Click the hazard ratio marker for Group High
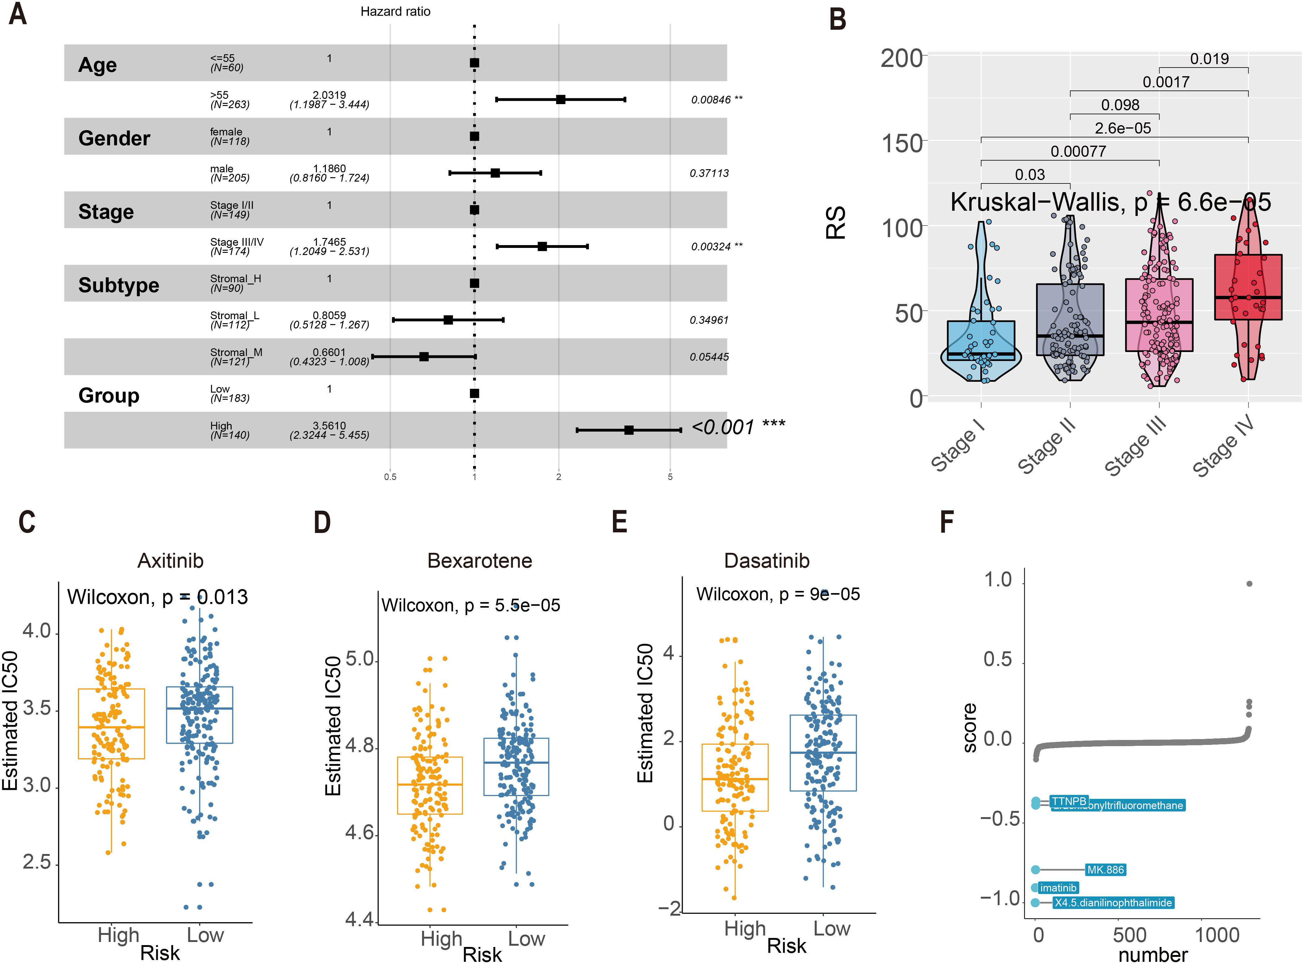click(x=629, y=430)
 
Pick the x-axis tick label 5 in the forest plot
click(x=670, y=477)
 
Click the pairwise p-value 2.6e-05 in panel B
click(x=1122, y=128)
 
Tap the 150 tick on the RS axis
click(x=902, y=143)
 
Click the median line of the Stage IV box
click(x=1248, y=297)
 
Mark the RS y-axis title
click(x=836, y=223)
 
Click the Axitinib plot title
click(x=171, y=561)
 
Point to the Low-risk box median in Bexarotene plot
click(x=516, y=763)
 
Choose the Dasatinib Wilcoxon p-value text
click(x=778, y=594)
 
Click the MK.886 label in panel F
click(x=1105, y=869)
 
